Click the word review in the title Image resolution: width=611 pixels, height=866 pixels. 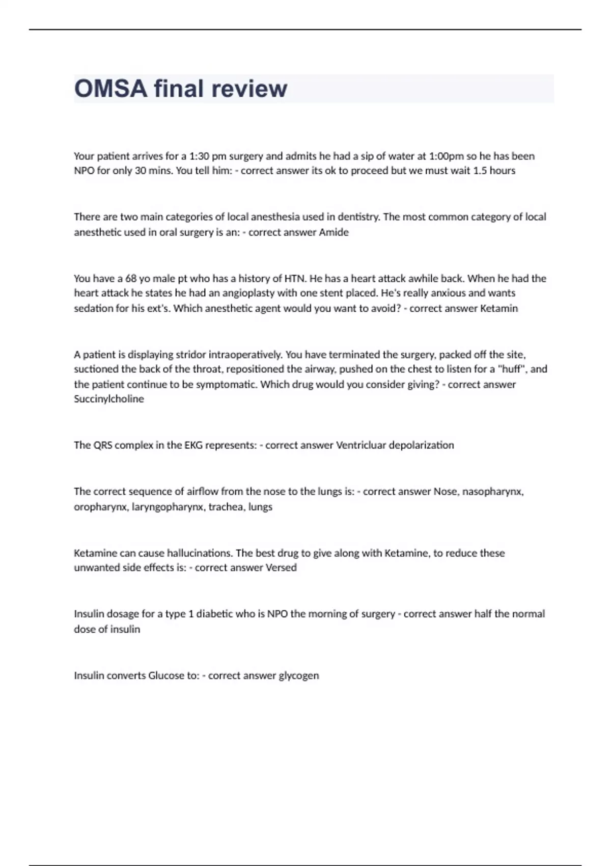tap(249, 89)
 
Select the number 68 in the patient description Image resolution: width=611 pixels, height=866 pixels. tap(131, 279)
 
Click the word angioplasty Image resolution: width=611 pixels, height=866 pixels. tap(270, 293)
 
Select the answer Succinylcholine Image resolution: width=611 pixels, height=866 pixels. tap(109, 399)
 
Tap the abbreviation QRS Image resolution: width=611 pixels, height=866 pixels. tap(103, 445)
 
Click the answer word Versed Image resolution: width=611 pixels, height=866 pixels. tap(281, 568)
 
